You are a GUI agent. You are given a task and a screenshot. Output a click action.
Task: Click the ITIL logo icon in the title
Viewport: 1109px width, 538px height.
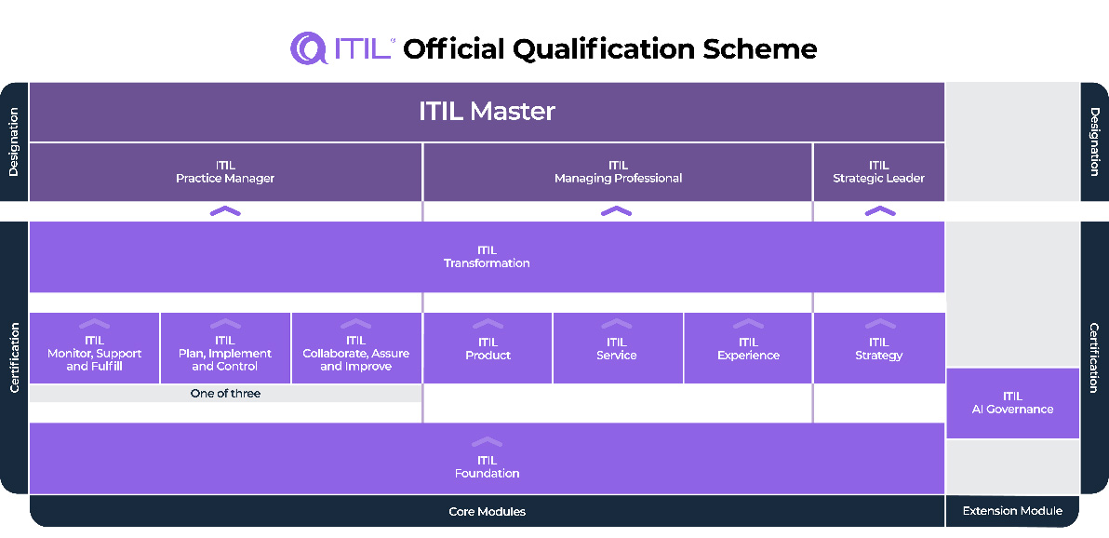click(x=309, y=48)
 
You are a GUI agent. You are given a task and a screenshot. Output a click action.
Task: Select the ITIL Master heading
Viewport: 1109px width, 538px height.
click(x=487, y=112)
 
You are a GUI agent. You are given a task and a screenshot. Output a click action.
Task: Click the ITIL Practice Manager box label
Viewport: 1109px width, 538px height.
click(x=225, y=172)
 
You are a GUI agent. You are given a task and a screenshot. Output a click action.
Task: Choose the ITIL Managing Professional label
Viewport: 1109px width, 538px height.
click(x=618, y=172)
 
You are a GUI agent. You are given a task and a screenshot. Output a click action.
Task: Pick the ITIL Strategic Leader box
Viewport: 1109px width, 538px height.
click(x=878, y=172)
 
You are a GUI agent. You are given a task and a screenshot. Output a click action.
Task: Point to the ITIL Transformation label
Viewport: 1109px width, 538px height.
click(x=487, y=257)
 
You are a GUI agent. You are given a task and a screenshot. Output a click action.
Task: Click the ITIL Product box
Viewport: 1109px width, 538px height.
click(x=488, y=350)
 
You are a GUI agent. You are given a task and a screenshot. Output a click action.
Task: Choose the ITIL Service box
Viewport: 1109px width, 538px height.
click(x=617, y=350)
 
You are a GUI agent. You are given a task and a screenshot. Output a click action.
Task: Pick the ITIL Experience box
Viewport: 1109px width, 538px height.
click(x=748, y=350)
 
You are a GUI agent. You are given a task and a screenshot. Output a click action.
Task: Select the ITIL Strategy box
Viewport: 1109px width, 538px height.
click(x=878, y=350)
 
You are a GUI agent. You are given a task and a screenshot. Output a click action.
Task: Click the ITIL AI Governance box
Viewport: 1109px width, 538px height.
click(x=1012, y=403)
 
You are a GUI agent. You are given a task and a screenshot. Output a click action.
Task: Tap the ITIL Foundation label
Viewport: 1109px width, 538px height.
click(x=487, y=467)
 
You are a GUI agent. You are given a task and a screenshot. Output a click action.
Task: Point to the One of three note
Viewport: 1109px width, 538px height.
click(x=225, y=394)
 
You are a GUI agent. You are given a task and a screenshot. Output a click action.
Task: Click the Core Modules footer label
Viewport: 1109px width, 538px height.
click(x=487, y=512)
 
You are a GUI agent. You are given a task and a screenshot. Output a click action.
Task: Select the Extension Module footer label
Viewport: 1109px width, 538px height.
click(x=1012, y=511)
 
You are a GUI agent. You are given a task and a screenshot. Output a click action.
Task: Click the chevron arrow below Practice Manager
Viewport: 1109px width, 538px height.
click(x=225, y=211)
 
